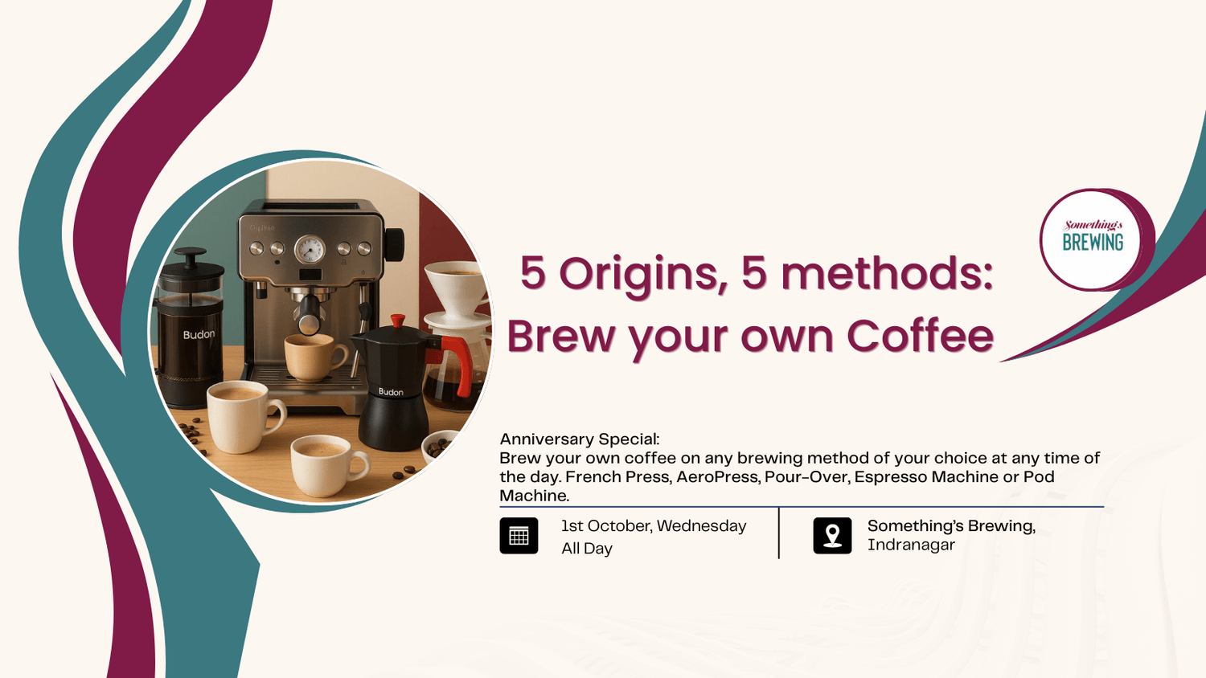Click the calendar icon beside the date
519,536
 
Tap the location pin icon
832,536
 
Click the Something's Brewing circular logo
1093,239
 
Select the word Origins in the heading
638,274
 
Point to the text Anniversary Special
579,439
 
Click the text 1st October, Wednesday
653,526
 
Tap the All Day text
586,549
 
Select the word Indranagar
910,545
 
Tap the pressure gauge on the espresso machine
309,249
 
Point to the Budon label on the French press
199,334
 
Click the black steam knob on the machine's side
394,244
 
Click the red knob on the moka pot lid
397,321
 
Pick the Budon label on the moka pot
391,392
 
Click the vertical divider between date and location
778,533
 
